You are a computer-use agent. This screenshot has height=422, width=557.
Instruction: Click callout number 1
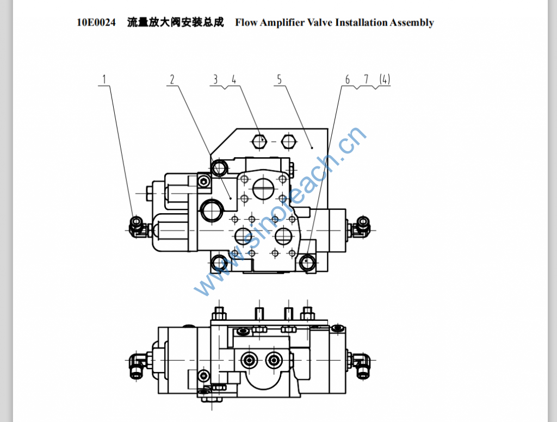(x=105, y=79)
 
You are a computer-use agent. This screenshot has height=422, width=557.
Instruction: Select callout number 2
(x=172, y=79)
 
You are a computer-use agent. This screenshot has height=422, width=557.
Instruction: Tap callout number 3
(x=215, y=79)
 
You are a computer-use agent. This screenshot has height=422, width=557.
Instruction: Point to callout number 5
(x=279, y=79)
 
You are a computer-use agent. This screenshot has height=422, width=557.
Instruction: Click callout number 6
(x=348, y=79)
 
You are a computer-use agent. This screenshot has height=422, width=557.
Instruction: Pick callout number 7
(x=366, y=79)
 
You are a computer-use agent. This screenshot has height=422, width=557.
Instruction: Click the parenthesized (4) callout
(x=385, y=79)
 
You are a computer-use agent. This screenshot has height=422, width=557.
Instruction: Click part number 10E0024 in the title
(x=96, y=22)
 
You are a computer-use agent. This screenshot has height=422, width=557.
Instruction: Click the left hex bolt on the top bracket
(x=260, y=141)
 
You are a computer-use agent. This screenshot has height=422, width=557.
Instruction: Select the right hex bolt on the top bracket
(x=287, y=141)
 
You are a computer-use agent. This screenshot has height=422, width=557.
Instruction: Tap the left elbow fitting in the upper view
(x=137, y=225)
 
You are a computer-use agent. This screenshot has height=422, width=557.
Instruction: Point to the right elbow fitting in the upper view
(x=361, y=225)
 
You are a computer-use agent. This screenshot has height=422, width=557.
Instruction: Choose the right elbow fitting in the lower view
(x=361, y=363)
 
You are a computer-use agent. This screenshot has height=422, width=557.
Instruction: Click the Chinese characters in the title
(x=175, y=22)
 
